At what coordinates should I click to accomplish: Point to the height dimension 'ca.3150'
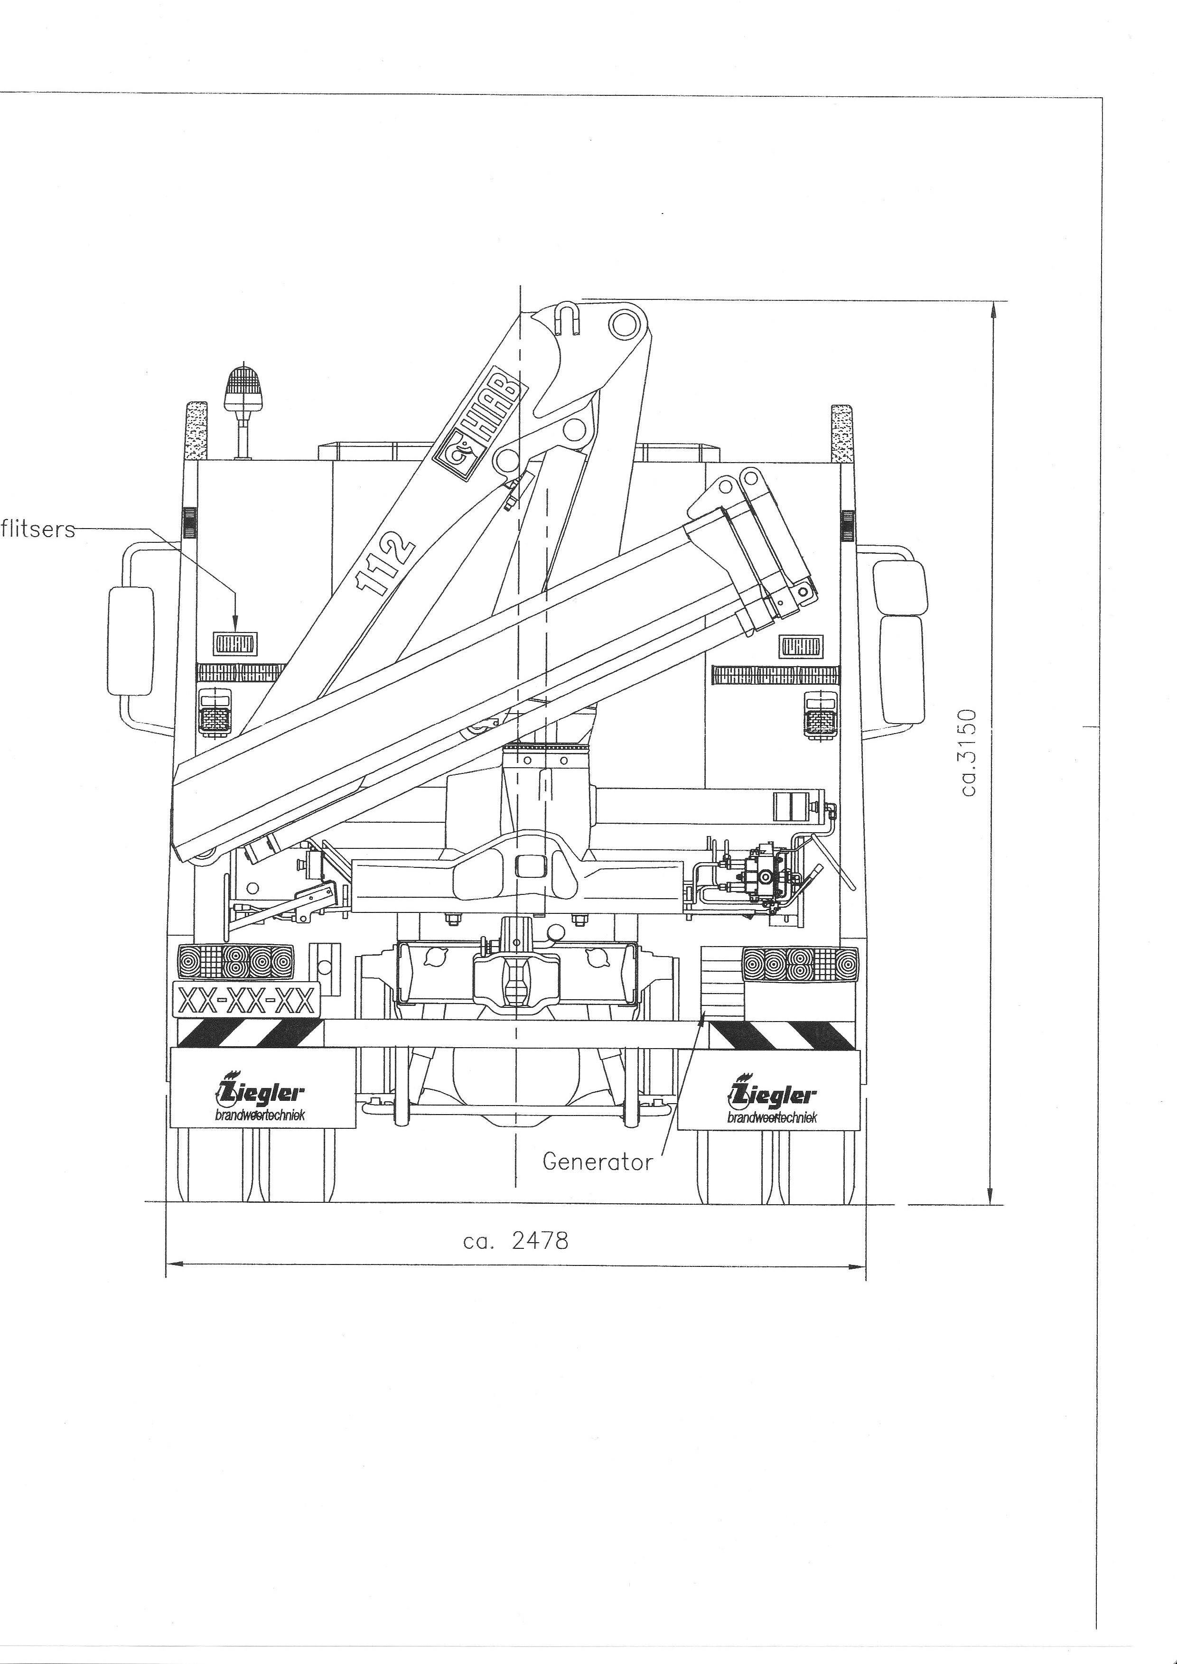970,752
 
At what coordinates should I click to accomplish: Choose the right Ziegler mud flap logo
773,1101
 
